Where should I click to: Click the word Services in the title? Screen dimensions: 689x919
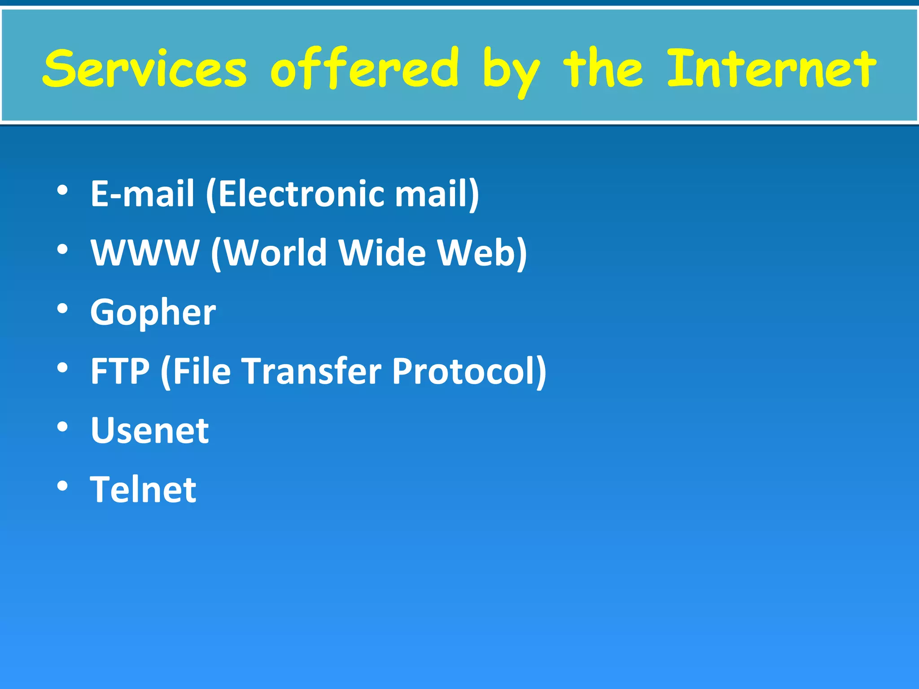pyautogui.click(x=144, y=69)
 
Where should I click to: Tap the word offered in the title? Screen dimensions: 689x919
pyautogui.click(x=364, y=69)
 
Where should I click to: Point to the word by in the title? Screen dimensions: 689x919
pyautogui.click(x=512, y=72)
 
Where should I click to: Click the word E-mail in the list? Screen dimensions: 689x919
pyautogui.click(x=143, y=193)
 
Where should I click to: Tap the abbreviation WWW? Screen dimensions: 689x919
pyautogui.click(x=145, y=253)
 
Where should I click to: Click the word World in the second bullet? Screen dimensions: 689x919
pyautogui.click(x=275, y=253)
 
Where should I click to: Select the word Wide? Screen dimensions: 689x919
pyautogui.click(x=382, y=253)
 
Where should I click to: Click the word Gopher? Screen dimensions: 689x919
pyautogui.click(x=153, y=313)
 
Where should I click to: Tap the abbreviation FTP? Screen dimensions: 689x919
pyautogui.click(x=120, y=371)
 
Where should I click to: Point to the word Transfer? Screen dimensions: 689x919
pyautogui.click(x=312, y=371)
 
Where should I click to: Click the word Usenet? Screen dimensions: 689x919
pyautogui.click(x=150, y=430)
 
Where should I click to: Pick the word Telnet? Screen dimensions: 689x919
pyautogui.click(x=143, y=489)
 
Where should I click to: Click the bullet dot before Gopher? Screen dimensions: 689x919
pyautogui.click(x=62, y=309)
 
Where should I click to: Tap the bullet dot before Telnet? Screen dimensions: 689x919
pyautogui.click(x=62, y=486)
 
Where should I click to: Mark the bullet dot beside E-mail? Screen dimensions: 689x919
pyautogui.click(x=62, y=190)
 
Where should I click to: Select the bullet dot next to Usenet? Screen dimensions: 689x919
pyautogui.click(x=62, y=427)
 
